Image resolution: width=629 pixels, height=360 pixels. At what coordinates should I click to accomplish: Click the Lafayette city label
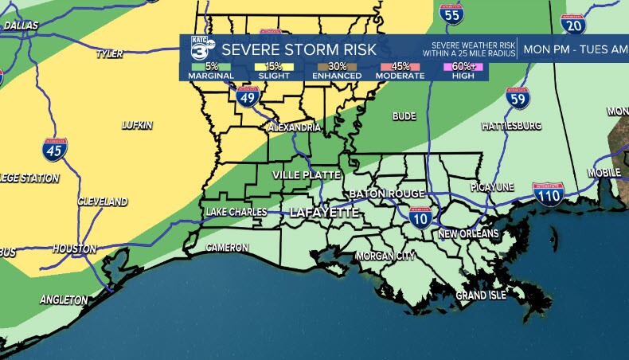(x=323, y=213)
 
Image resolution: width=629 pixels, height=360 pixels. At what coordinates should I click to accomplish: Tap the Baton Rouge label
(x=386, y=194)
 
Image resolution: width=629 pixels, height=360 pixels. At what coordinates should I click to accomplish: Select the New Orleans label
(x=468, y=234)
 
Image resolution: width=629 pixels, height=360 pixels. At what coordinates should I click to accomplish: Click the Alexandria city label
(x=295, y=127)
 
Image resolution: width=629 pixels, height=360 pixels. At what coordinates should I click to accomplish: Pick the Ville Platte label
(x=307, y=174)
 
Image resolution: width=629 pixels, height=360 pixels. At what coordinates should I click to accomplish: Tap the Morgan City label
(x=385, y=256)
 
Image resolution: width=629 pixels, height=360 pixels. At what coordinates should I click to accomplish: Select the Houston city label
(x=74, y=248)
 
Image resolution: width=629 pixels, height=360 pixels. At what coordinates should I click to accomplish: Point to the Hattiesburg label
(x=511, y=127)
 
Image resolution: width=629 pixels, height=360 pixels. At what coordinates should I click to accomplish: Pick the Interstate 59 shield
(x=518, y=99)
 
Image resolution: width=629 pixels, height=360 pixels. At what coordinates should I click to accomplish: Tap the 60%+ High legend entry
(x=466, y=71)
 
